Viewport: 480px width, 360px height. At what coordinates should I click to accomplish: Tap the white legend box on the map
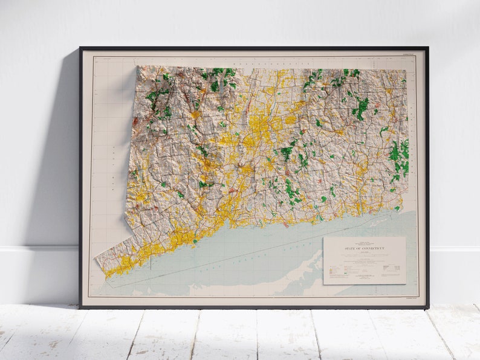[364, 260]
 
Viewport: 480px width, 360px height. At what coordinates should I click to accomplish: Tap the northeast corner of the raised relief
[405, 71]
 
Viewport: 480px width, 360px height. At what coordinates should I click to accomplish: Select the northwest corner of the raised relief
[138, 67]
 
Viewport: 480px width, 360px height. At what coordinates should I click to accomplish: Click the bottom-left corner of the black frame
[81, 307]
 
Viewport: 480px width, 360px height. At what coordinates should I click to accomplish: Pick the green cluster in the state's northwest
[158, 97]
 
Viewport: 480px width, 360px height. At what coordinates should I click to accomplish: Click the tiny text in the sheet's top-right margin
[409, 54]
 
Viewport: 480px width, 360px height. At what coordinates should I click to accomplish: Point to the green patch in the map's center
[286, 152]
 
